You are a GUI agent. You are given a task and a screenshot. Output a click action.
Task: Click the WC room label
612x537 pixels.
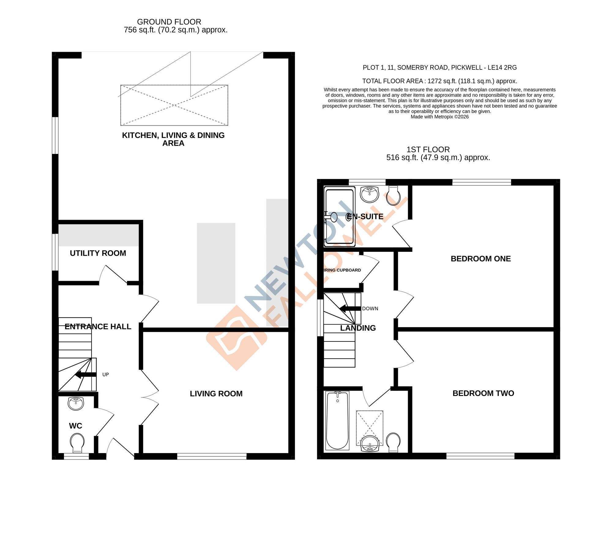click(75, 426)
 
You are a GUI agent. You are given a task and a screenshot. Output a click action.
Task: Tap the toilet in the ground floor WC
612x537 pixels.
click(77, 442)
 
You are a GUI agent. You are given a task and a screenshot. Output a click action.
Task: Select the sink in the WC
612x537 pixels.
click(76, 403)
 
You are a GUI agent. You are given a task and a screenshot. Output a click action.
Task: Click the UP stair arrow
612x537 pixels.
click(86, 375)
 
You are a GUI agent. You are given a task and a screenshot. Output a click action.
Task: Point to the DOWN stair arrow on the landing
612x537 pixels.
click(350, 308)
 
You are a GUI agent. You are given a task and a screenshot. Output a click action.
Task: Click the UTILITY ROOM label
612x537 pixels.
click(98, 253)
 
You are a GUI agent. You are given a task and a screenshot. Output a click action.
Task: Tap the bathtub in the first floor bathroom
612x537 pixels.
click(337, 420)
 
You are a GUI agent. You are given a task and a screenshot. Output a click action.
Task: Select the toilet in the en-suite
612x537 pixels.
click(393, 196)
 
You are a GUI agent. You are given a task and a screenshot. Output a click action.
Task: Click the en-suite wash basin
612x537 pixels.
click(370, 194)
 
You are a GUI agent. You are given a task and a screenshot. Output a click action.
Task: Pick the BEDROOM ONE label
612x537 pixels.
click(480, 259)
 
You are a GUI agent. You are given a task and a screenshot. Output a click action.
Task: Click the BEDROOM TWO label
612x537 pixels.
click(483, 393)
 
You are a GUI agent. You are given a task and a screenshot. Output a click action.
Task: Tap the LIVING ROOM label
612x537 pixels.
click(216, 393)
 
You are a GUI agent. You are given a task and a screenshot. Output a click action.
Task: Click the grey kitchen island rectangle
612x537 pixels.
click(216, 263)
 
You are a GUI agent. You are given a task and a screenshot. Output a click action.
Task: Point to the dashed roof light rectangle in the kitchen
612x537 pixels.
click(174, 105)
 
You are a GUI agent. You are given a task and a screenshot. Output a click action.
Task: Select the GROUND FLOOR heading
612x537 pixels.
click(169, 22)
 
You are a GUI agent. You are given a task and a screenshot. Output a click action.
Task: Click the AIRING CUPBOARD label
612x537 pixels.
click(342, 270)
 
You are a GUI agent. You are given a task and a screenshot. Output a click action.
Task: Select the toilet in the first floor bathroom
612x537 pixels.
click(393, 442)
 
